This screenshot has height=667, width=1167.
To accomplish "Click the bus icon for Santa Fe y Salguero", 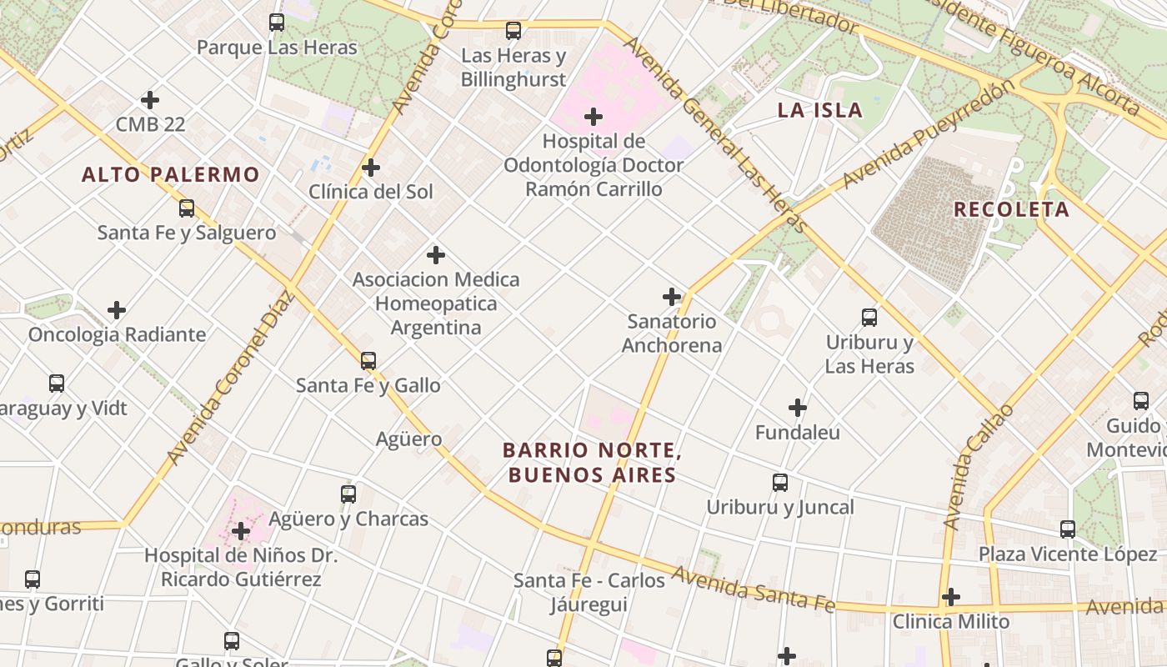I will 187,208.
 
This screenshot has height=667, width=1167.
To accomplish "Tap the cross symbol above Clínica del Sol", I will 371,168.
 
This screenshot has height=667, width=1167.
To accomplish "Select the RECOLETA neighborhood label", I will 1011,209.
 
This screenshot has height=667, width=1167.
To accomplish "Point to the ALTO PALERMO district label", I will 171,174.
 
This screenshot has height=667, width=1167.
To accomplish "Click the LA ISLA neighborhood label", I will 819,110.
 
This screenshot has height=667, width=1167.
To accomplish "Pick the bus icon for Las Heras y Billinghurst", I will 513,31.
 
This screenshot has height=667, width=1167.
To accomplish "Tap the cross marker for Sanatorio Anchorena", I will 672,297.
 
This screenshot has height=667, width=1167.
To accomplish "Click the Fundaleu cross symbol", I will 798,408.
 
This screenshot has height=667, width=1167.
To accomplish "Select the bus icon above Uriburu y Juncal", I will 780,483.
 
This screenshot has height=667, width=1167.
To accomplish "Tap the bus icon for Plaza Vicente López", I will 1068,529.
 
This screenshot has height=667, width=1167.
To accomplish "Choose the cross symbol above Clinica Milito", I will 951,597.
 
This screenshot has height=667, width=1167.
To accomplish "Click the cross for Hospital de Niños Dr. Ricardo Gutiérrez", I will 241,531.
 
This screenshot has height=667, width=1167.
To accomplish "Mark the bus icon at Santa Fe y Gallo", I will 368,361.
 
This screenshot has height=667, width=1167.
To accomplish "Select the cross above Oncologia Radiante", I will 117,310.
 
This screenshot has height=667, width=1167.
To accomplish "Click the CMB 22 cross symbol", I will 150,100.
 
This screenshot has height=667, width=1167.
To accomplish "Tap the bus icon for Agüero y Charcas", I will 348,494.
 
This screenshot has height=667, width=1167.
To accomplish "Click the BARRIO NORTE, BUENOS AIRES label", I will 592,463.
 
